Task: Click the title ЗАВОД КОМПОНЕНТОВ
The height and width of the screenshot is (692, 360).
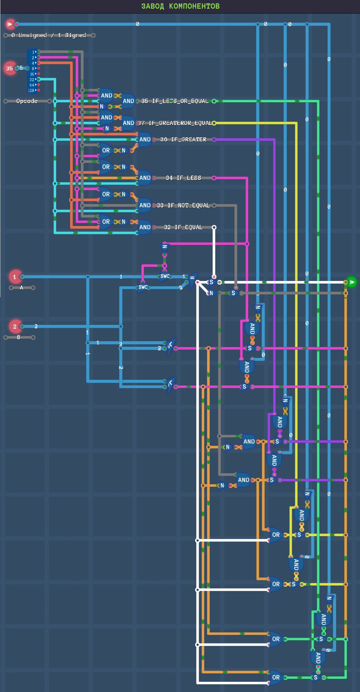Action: pyautogui.click(x=180, y=6)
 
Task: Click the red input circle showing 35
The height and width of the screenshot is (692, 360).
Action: pyautogui.click(x=10, y=68)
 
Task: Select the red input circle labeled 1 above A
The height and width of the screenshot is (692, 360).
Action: pyautogui.click(x=14, y=277)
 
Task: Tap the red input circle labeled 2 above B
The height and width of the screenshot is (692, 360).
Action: pyautogui.click(x=14, y=327)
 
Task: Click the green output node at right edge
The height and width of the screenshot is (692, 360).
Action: pyautogui.click(x=352, y=282)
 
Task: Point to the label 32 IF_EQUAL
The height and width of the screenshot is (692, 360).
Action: pyautogui.click(x=183, y=227)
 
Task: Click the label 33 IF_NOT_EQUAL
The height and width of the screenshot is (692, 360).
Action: pyautogui.click(x=183, y=206)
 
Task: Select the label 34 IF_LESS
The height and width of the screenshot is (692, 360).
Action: pyautogui.click(x=183, y=178)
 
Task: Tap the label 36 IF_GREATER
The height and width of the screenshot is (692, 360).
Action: pyautogui.click(x=183, y=140)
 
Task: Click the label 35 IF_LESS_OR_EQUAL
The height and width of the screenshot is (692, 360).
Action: pyautogui.click(x=175, y=101)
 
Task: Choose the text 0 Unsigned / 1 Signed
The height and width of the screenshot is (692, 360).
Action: pyautogui.click(x=49, y=35)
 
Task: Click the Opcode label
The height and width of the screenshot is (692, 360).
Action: pyautogui.click(x=27, y=101)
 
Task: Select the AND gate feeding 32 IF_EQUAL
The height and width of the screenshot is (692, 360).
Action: pyautogui.click(x=145, y=227)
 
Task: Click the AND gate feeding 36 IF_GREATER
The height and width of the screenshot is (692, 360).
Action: pyautogui.click(x=145, y=140)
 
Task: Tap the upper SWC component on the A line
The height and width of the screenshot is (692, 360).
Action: pyautogui.click(x=165, y=276)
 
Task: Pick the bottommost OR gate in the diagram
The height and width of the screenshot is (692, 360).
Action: pyautogui.click(x=275, y=677)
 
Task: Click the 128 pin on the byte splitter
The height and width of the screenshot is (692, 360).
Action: pyautogui.click(x=32, y=90)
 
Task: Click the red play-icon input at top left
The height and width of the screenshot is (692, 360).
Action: pyautogui.click(x=10, y=24)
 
